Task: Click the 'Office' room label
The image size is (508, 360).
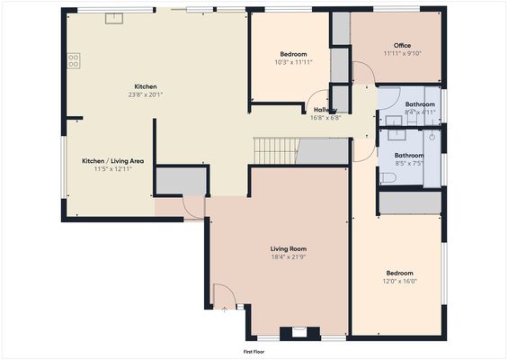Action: (402, 45)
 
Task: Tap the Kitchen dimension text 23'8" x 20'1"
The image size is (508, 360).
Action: (146, 94)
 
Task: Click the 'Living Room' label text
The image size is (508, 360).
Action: (289, 248)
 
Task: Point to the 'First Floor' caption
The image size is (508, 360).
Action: (254, 351)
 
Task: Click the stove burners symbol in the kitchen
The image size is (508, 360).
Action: (73, 60)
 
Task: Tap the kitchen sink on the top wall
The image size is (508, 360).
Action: (113, 18)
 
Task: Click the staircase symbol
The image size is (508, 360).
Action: (274, 150)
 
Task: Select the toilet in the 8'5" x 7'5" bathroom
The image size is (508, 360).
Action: (388, 178)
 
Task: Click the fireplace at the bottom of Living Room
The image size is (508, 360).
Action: (294, 333)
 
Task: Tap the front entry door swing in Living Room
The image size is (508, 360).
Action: (224, 296)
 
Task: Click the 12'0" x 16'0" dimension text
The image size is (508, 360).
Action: (400, 282)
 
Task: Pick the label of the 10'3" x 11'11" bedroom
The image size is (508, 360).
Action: (293, 54)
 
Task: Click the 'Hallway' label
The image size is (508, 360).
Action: (325, 110)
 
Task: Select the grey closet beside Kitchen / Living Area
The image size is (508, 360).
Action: (181, 181)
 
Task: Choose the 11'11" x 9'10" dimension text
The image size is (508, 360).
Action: (402, 54)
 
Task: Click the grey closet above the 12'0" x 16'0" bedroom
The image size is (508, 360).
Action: (409, 203)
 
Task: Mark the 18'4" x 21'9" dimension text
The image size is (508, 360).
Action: (289, 257)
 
